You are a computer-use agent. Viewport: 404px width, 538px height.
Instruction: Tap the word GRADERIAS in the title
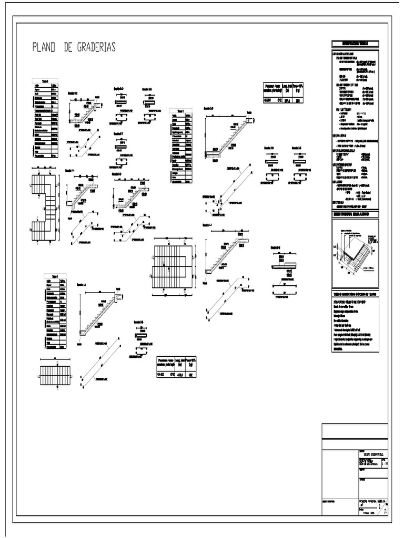pyautogui.click(x=94, y=47)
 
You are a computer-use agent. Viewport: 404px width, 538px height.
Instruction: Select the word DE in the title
pyautogui.click(x=67, y=47)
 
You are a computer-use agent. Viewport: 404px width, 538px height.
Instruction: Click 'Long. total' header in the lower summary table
pyautogui.click(x=180, y=362)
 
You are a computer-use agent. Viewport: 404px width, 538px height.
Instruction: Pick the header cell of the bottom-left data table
pyautogui.click(x=55, y=276)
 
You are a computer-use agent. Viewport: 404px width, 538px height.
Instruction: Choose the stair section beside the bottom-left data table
pyautogui.click(x=100, y=315)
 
